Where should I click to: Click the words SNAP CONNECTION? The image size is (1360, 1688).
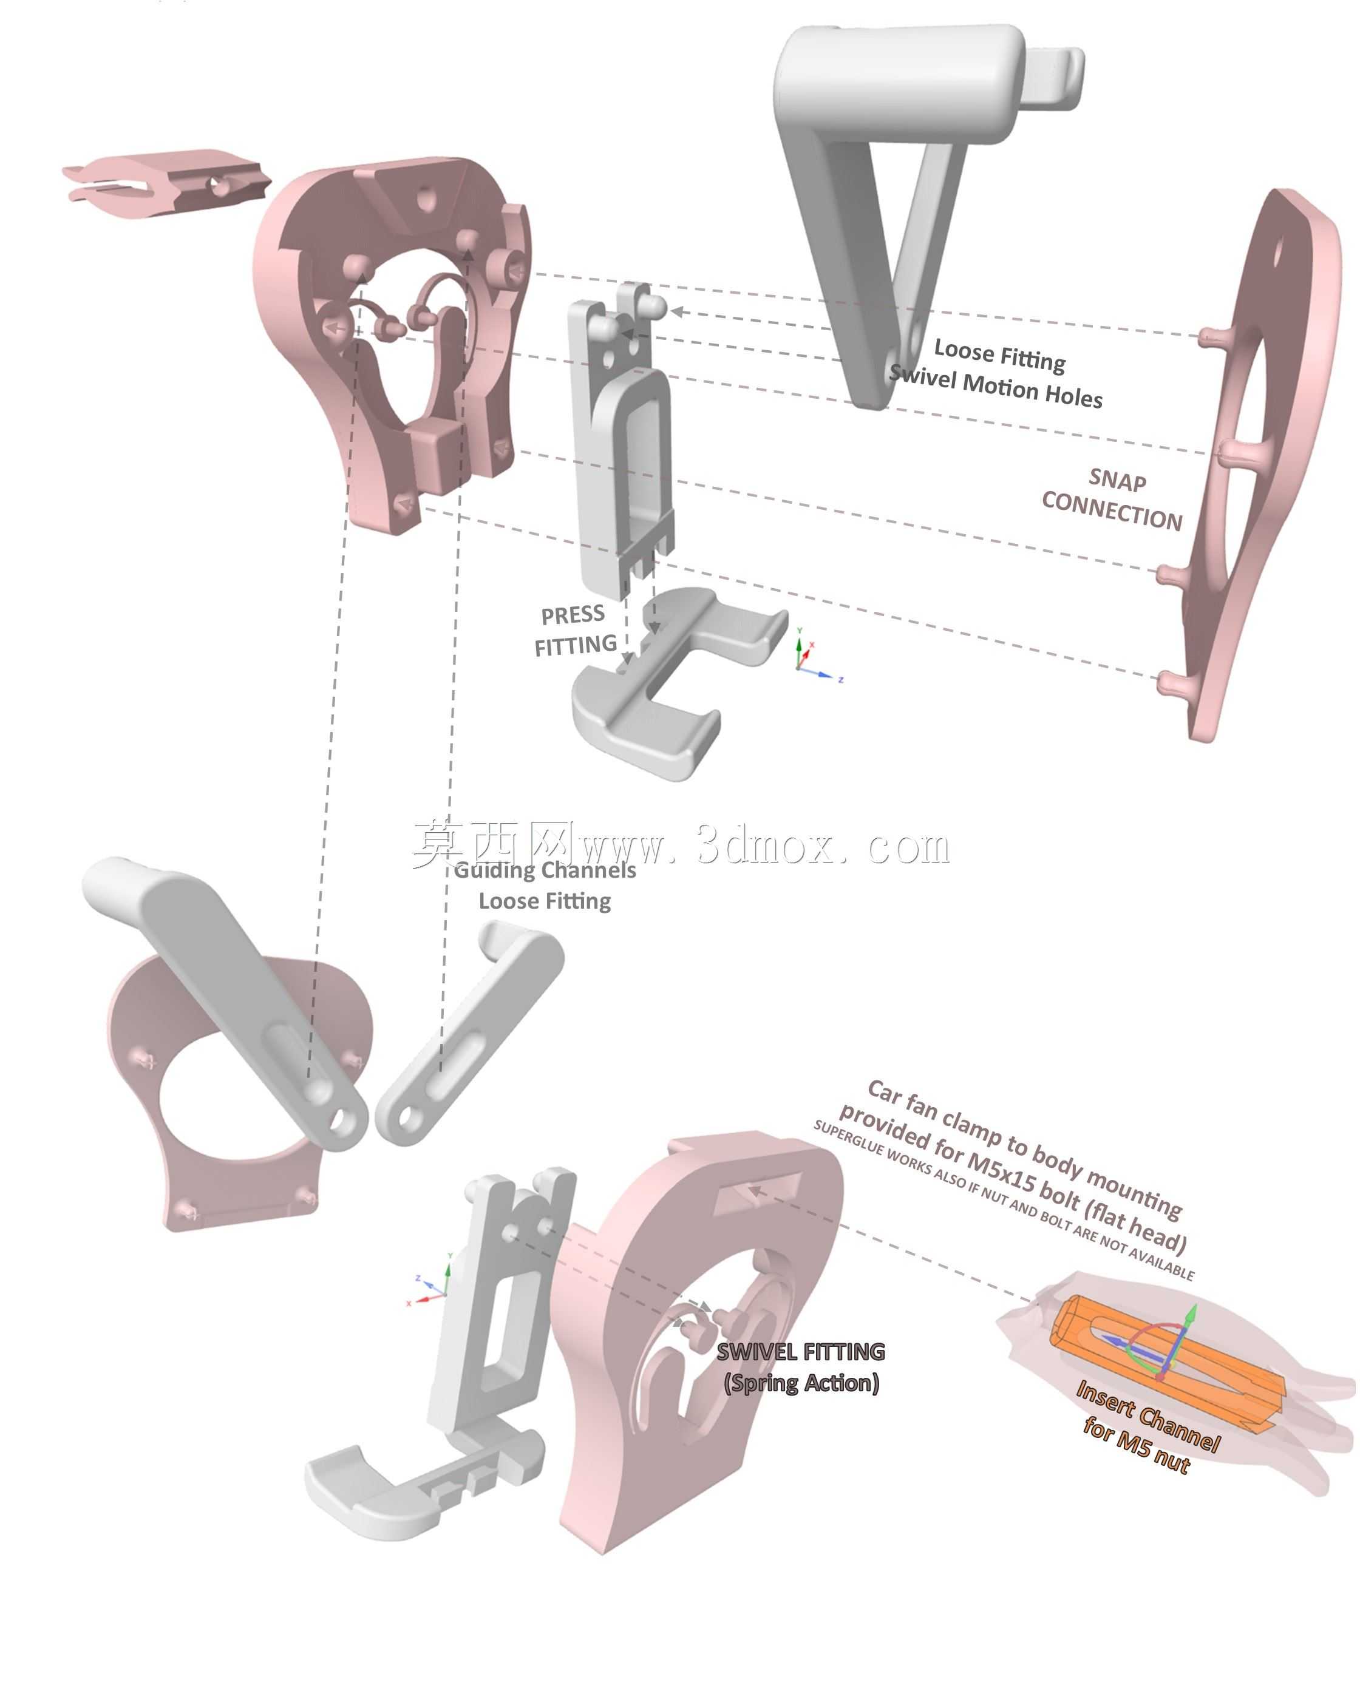pyautogui.click(x=1112, y=500)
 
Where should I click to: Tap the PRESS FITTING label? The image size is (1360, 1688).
pyautogui.click(x=576, y=631)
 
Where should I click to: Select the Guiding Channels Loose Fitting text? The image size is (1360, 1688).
pyautogui.click(x=545, y=885)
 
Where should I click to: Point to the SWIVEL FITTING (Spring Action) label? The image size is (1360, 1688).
pyautogui.click(x=801, y=1367)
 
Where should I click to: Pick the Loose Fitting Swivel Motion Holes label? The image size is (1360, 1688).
pyautogui.click(x=996, y=375)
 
